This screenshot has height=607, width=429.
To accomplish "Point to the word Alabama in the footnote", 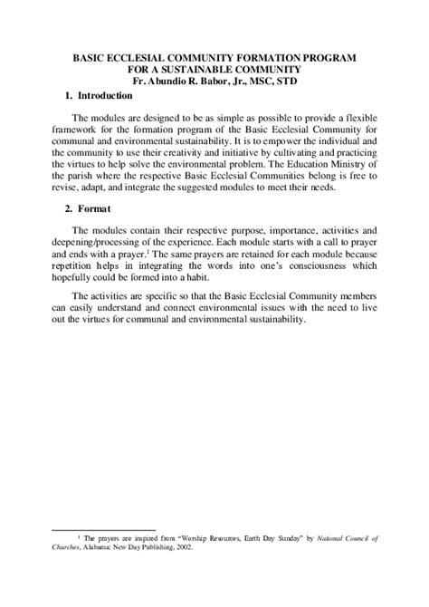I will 105,546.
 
